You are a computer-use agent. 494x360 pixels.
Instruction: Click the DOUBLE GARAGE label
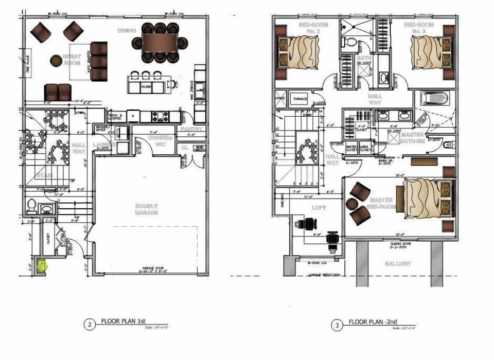[147, 209]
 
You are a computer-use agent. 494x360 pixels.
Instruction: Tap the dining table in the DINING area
[160, 42]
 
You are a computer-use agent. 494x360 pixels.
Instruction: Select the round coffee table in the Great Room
[56, 61]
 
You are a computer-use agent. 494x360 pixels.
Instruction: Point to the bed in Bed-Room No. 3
[431, 51]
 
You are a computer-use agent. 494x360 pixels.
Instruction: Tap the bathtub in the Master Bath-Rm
[434, 98]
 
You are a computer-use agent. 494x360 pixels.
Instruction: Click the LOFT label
[319, 208]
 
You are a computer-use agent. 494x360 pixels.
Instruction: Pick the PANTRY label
[191, 129]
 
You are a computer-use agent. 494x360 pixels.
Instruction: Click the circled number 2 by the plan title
[90, 325]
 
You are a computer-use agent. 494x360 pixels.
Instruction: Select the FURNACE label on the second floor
[301, 99]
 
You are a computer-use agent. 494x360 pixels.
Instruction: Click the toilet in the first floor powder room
[32, 207]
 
